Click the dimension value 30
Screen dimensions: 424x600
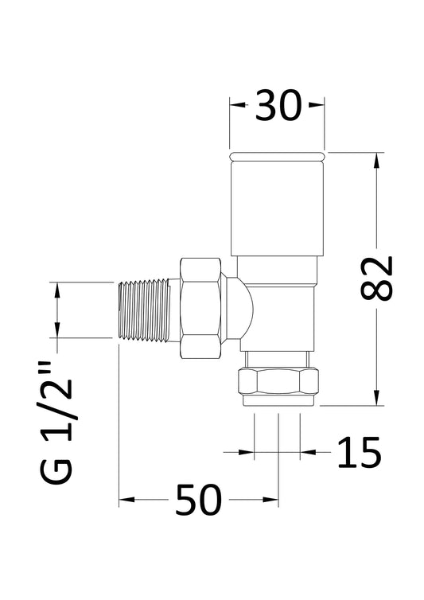tap(278, 106)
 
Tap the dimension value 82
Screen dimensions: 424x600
tap(376, 278)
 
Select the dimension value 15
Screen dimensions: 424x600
tap(359, 453)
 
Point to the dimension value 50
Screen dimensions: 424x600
tap(198, 500)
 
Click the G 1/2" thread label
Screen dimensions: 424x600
tap(56, 422)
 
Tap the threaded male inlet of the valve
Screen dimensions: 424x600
tap(144, 310)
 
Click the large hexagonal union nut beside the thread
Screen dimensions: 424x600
tap(200, 309)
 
